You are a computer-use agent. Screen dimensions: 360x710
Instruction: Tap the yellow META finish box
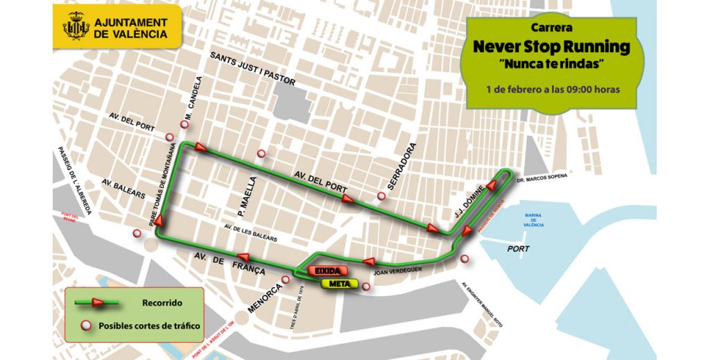[x=339, y=284]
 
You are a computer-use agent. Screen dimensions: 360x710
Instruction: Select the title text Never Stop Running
[x=551, y=47]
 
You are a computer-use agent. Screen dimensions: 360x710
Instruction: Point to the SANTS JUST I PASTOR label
[x=253, y=67]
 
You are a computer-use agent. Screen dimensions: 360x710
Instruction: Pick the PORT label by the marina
[x=518, y=248]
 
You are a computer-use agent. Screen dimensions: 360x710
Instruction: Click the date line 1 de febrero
[x=552, y=89]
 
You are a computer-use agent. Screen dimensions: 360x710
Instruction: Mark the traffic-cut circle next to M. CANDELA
[x=184, y=125]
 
